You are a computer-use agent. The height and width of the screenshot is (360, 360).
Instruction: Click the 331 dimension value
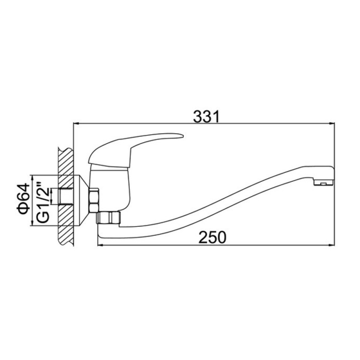[206, 117]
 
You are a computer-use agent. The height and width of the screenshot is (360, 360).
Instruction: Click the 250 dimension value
[212, 237]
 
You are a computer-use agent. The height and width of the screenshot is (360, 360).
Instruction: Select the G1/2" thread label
[43, 202]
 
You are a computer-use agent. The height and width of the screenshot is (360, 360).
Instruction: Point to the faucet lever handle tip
[183, 136]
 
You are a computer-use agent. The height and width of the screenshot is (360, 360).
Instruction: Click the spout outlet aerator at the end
[324, 183]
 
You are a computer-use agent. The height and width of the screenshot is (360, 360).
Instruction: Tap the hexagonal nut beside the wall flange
[94, 200]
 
